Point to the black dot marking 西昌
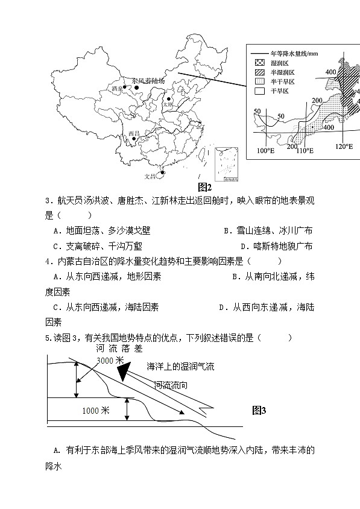(133, 139)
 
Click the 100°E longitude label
(266, 150)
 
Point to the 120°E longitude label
(344, 147)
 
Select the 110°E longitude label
(305, 150)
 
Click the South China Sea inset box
(227, 163)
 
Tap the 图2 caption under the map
(205, 187)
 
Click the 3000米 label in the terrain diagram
(110, 360)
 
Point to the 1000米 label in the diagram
(95, 411)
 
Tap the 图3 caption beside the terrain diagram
(259, 411)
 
